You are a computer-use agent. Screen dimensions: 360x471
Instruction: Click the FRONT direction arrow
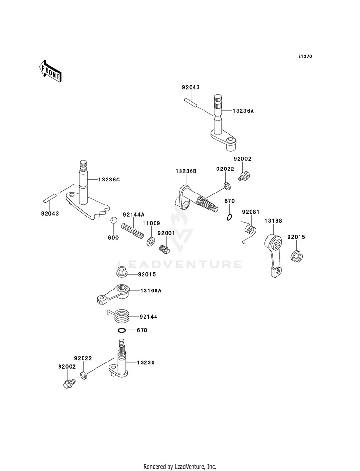(50, 71)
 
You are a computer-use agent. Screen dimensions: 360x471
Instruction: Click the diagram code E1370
(305, 56)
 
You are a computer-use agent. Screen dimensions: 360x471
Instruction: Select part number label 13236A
(243, 111)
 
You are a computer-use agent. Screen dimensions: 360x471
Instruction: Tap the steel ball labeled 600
(114, 220)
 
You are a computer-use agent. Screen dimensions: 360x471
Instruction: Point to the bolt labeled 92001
(165, 248)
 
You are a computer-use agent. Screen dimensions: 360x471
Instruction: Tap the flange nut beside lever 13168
(297, 255)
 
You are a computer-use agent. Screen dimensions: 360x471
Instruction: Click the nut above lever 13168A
(122, 272)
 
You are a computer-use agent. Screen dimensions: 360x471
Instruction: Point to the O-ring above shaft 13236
(121, 330)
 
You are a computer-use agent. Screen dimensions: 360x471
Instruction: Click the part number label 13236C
(109, 180)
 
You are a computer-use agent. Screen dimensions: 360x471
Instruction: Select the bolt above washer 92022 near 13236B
(244, 175)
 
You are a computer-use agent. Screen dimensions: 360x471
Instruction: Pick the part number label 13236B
(186, 171)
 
